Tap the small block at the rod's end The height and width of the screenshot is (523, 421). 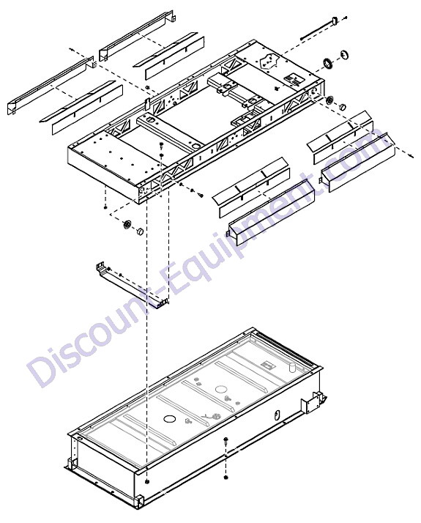335,21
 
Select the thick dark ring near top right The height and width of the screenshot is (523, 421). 327,64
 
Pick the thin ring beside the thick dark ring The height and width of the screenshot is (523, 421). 344,54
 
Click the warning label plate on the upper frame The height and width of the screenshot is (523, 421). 292,80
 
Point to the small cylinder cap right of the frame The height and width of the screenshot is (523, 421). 342,108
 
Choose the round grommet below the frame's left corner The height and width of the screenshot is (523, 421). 127,224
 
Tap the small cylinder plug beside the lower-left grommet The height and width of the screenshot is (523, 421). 140,231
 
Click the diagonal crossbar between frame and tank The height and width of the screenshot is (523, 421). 133,284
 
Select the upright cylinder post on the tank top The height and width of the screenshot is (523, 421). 291,367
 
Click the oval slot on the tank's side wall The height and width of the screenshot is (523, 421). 276,415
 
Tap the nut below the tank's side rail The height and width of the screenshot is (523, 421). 226,478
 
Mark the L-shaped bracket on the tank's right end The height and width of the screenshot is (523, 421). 312,401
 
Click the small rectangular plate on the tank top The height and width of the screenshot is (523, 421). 268,365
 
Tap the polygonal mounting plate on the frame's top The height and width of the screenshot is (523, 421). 269,61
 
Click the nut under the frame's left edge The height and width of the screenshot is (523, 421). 105,207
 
